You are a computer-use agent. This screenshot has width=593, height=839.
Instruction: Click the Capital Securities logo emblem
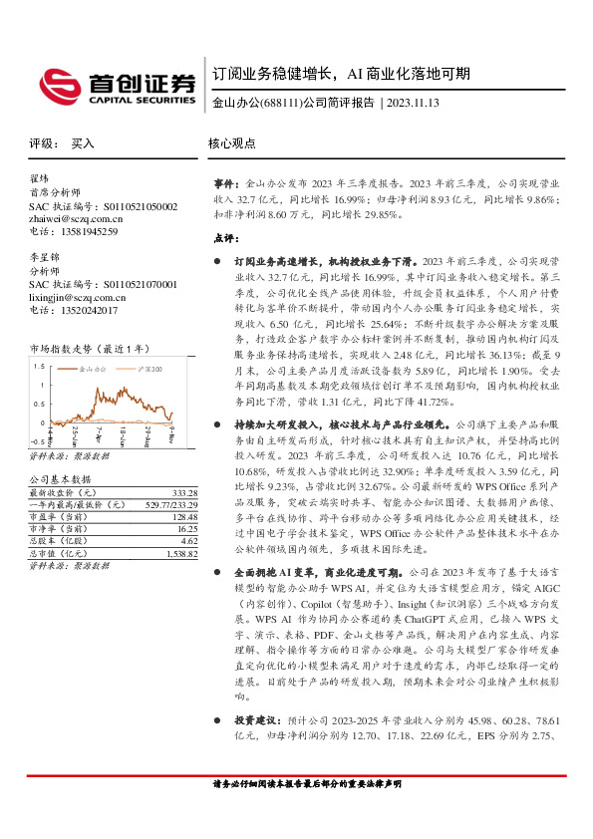(57, 82)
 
